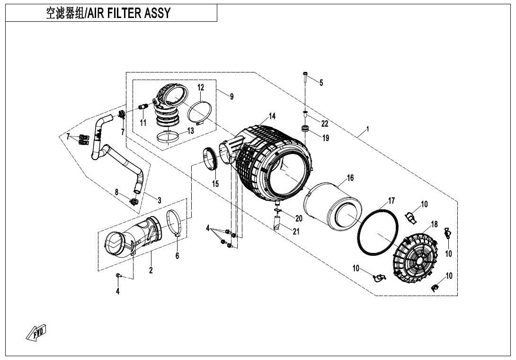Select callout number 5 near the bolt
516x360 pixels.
click(x=321, y=83)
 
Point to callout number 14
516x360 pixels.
click(x=272, y=116)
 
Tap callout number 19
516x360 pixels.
click(x=325, y=138)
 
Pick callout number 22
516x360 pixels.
click(x=324, y=124)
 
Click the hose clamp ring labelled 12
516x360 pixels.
click(x=199, y=113)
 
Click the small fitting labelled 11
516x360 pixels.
click(x=142, y=108)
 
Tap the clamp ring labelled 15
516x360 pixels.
click(x=209, y=158)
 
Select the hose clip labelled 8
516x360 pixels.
click(x=133, y=202)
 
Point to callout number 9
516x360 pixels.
click(x=231, y=97)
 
